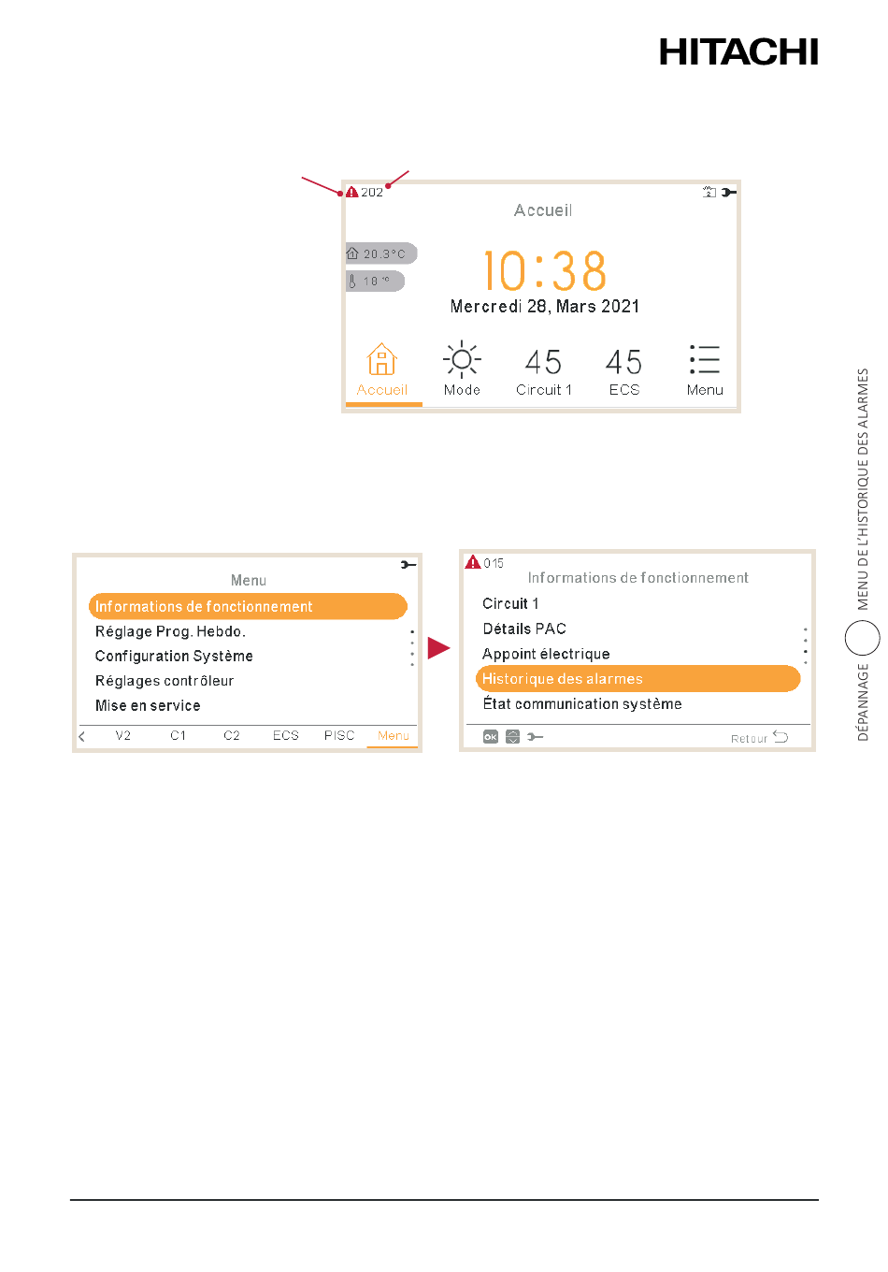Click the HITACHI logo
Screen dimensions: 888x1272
(x=738, y=51)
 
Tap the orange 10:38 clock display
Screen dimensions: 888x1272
(x=544, y=271)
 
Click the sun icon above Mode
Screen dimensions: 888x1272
(x=462, y=359)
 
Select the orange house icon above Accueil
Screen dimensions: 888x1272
(x=381, y=359)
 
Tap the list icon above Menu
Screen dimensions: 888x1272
(x=704, y=359)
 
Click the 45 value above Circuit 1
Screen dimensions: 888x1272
(x=543, y=362)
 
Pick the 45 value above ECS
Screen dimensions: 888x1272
(x=623, y=362)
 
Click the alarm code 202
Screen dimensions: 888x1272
(x=372, y=193)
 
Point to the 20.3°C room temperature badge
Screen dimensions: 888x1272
(x=381, y=253)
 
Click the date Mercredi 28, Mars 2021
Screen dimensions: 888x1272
(x=544, y=306)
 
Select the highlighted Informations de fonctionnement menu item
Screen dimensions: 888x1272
(x=248, y=606)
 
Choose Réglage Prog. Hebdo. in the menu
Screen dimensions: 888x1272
(x=170, y=631)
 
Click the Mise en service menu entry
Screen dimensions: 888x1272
(x=148, y=705)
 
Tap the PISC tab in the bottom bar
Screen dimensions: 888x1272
(x=338, y=735)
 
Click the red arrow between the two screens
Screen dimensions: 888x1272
(x=438, y=648)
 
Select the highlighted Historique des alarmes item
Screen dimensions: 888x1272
(x=637, y=679)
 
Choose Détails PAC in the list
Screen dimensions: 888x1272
(x=523, y=629)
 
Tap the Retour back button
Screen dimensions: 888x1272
(x=759, y=738)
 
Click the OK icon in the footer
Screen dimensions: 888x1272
(x=490, y=737)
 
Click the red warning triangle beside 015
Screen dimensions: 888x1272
(x=472, y=562)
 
